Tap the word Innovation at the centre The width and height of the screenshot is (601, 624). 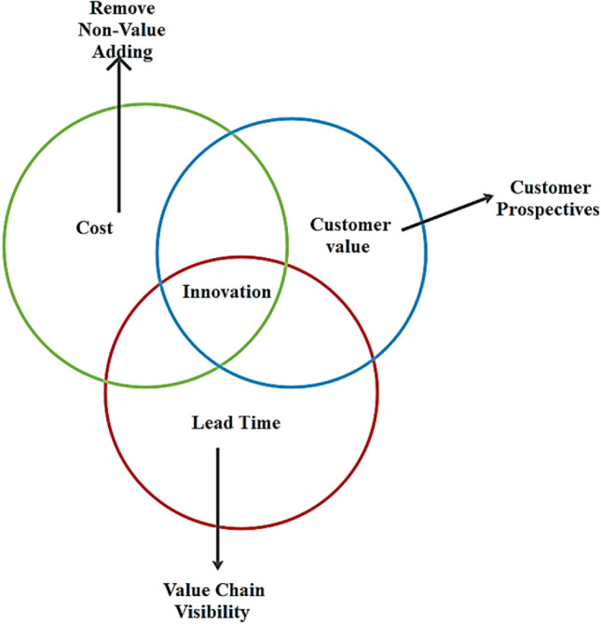pyautogui.click(x=227, y=292)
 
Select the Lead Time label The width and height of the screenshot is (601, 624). pyautogui.click(x=236, y=423)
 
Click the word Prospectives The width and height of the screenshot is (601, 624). pyautogui.click(x=547, y=210)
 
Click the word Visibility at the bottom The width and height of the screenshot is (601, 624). pyautogui.click(x=218, y=613)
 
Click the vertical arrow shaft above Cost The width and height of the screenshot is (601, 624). pyautogui.click(x=119, y=140)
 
